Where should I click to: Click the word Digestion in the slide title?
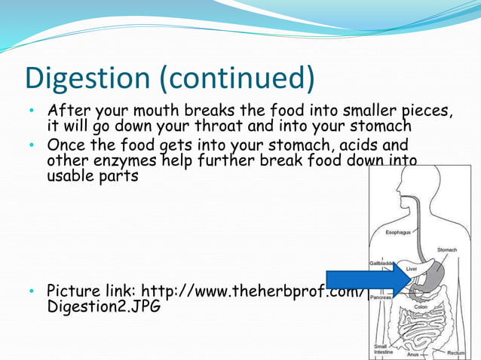click(89, 78)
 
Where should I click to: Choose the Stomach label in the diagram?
click(446, 249)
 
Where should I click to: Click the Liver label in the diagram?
click(412, 268)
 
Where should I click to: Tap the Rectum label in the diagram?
click(455, 352)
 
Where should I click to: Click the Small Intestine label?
click(383, 349)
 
